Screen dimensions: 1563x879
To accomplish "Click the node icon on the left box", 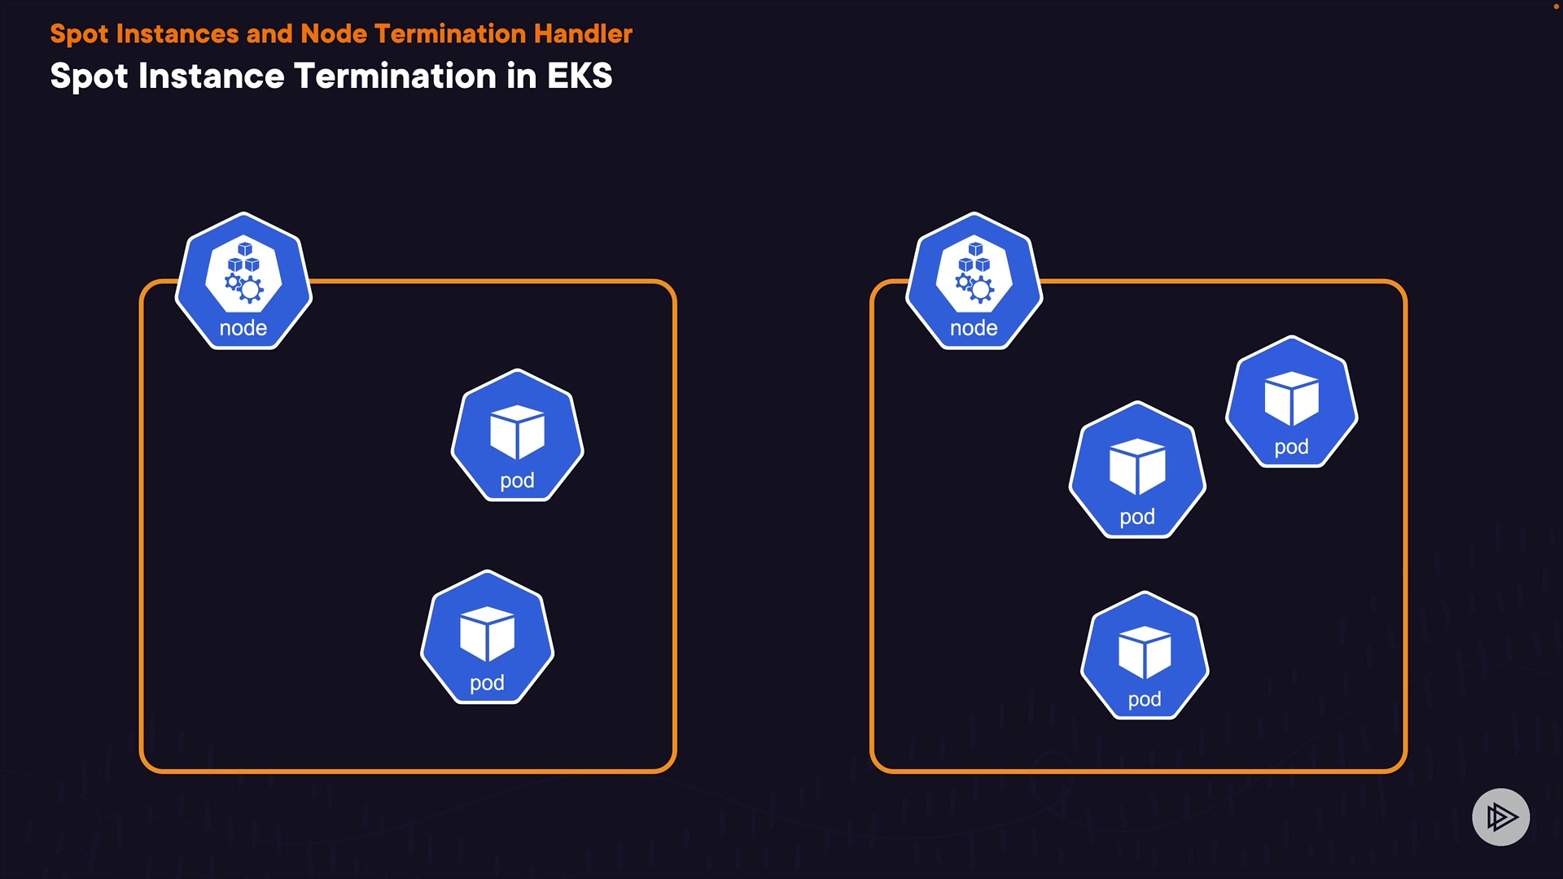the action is [x=243, y=281].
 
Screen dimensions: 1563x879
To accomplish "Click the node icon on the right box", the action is [x=974, y=281].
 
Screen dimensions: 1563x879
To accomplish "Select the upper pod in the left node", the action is [x=517, y=435].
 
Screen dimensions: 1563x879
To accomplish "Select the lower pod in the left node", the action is [x=487, y=637].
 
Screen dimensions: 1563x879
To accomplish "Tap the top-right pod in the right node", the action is [x=1291, y=401].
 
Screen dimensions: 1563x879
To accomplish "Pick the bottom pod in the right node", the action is [x=1145, y=655].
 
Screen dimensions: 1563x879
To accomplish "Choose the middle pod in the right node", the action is [x=1137, y=470].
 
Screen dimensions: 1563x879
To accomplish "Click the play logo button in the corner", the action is [x=1500, y=816].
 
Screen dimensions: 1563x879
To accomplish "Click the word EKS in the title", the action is [x=579, y=77].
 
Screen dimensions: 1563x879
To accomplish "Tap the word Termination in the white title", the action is [x=395, y=77].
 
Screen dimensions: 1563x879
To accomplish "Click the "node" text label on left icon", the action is [x=243, y=328].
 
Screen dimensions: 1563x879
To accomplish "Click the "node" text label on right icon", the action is [x=974, y=328].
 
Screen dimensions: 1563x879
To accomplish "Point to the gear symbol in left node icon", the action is [x=249, y=289].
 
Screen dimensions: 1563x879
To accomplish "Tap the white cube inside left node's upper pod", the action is [x=517, y=431].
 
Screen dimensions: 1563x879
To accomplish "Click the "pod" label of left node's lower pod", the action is [x=487, y=683].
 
